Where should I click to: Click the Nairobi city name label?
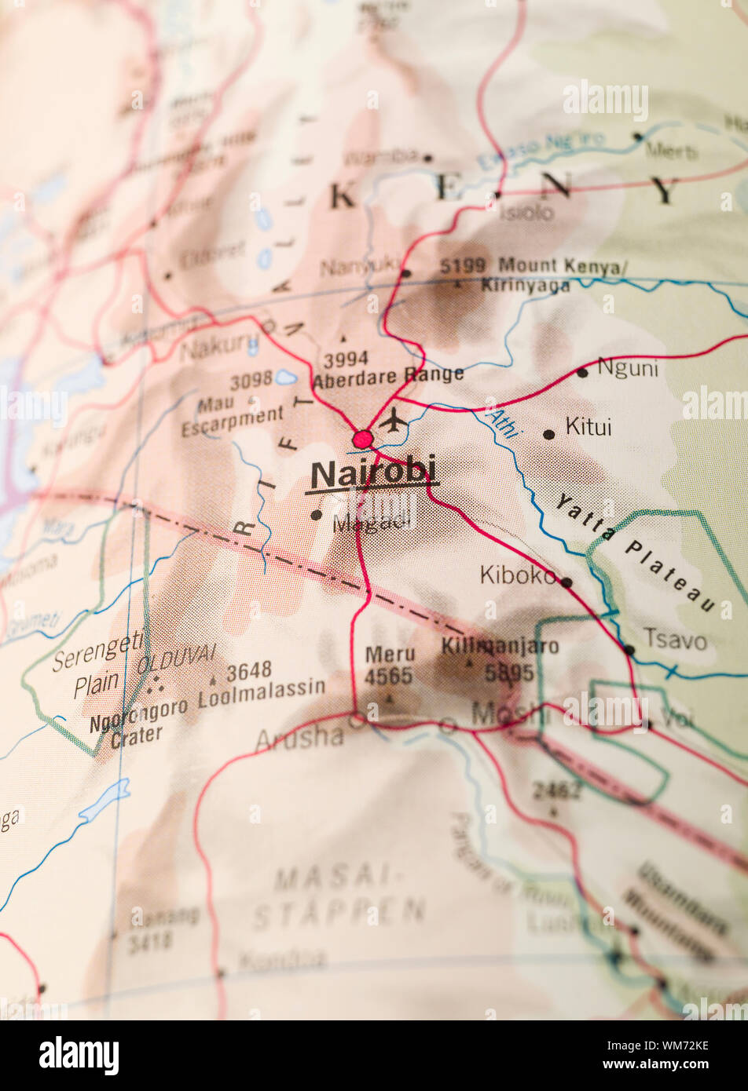pyautogui.click(x=373, y=475)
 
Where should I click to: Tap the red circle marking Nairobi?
pyautogui.click(x=362, y=439)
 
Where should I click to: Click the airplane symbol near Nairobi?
pyautogui.click(x=394, y=421)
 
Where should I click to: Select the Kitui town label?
pyautogui.click(x=588, y=427)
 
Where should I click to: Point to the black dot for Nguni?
pyautogui.click(x=581, y=372)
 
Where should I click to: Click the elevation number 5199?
pyautogui.click(x=463, y=265)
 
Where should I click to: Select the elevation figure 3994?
pyautogui.click(x=346, y=359)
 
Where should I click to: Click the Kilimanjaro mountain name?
pyautogui.click(x=500, y=646)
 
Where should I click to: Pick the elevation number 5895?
pyautogui.click(x=508, y=673)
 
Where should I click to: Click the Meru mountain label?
pyautogui.click(x=390, y=654)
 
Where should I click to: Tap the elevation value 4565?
pyautogui.click(x=388, y=676)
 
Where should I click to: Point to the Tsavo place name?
pyautogui.click(x=675, y=639)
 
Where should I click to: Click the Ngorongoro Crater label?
pyautogui.click(x=138, y=721)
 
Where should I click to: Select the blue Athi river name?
pyautogui.click(x=502, y=424)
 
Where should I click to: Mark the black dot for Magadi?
pyautogui.click(x=316, y=515)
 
